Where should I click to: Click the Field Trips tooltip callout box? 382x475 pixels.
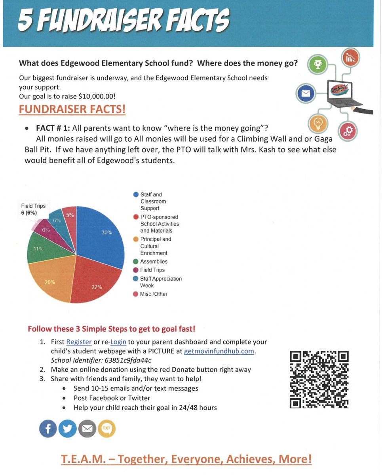tap(34, 209)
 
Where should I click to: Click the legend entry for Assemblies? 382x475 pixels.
tap(154, 262)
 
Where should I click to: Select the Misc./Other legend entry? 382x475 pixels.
tap(154, 294)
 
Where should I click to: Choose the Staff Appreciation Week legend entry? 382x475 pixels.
tap(160, 282)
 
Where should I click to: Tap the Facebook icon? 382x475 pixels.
tap(48, 429)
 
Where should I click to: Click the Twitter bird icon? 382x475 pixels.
tap(67, 429)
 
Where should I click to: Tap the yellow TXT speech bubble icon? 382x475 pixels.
tap(106, 429)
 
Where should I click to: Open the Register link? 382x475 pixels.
tap(79, 342)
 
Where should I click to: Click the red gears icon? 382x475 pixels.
tap(348, 131)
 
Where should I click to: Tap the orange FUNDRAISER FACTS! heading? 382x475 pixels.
tap(72, 109)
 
